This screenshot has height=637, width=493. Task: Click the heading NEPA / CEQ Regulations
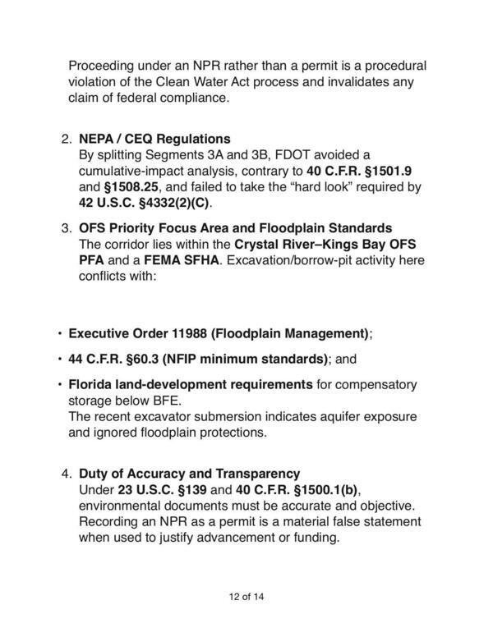154,138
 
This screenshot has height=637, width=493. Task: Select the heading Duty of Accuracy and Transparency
189,474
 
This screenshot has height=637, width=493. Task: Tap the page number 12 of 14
246,596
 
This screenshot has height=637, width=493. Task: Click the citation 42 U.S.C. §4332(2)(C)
145,204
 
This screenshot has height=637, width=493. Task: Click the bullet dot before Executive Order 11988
59,334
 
